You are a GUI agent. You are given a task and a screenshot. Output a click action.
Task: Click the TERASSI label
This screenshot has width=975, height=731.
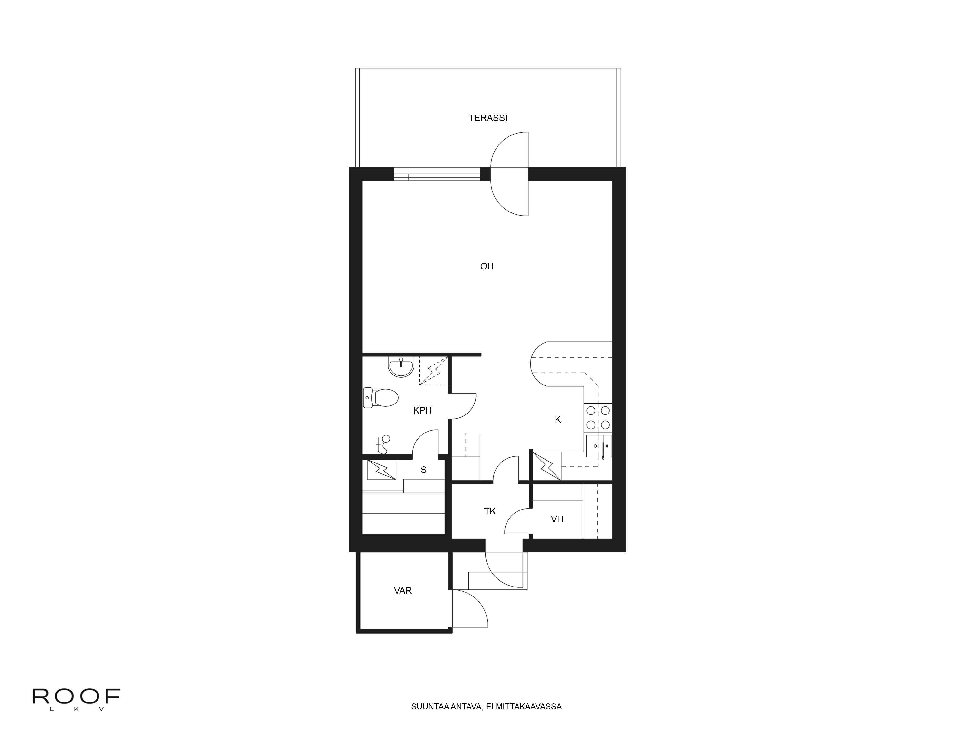(x=487, y=118)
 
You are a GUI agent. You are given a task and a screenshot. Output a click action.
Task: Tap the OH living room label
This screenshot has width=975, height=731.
(x=487, y=266)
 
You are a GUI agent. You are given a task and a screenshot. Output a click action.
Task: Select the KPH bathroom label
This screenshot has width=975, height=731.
(x=422, y=411)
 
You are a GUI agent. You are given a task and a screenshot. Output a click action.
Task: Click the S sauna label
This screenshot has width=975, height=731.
(x=424, y=470)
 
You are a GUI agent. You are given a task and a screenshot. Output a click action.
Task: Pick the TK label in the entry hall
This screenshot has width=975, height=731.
(x=490, y=511)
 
